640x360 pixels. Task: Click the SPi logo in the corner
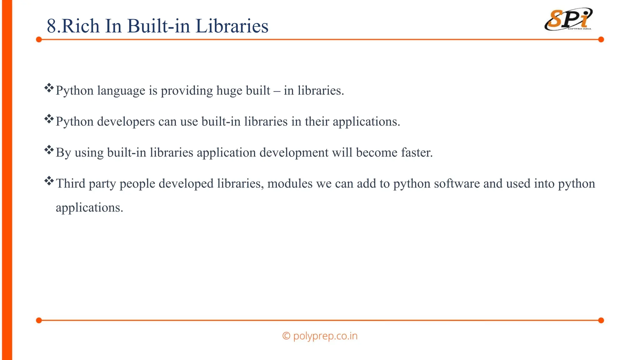click(x=568, y=19)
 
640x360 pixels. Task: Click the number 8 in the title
click(x=52, y=26)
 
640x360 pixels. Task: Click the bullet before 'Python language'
click(x=49, y=88)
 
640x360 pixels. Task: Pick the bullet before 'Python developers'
click(x=49, y=119)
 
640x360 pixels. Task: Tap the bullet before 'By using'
click(x=49, y=150)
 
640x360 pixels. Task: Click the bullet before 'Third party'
click(x=49, y=181)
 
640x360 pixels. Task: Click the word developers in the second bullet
click(x=126, y=122)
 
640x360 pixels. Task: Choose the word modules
click(x=290, y=183)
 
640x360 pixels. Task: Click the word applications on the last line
click(x=89, y=208)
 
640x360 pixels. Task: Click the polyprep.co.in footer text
click(x=325, y=336)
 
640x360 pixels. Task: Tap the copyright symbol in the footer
click(x=286, y=336)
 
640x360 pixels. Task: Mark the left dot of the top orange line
click(x=39, y=39)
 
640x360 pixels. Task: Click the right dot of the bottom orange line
click(x=601, y=320)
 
